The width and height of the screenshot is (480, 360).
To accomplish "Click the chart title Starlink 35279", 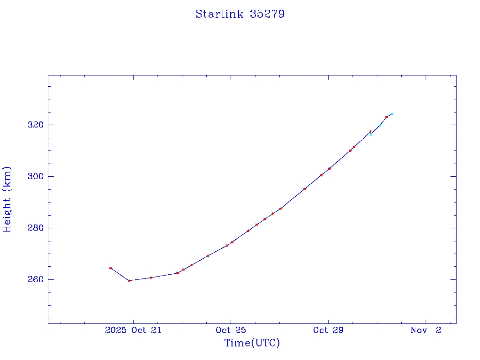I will click(x=240, y=14).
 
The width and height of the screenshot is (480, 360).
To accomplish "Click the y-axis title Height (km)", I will click(x=7, y=199).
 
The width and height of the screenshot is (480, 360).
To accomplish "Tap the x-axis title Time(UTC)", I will click(x=252, y=343).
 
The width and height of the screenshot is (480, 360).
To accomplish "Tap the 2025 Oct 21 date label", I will click(x=133, y=330).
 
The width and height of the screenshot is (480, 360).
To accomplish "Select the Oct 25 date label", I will click(x=231, y=330).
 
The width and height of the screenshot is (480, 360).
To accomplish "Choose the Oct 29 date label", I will click(x=328, y=330).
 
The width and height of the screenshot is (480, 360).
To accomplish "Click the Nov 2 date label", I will click(x=426, y=330).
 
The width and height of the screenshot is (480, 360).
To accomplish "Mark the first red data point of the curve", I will click(x=111, y=268).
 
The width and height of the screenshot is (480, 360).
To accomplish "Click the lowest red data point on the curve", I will click(x=129, y=281).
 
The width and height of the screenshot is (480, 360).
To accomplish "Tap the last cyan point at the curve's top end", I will click(x=392, y=114).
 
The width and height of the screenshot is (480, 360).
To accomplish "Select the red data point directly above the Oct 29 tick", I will click(x=330, y=168).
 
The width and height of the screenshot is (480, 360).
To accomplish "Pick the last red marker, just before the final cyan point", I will click(x=386, y=117).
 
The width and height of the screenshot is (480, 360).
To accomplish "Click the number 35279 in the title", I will click(x=267, y=14).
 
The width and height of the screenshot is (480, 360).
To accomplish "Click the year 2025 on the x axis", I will click(x=116, y=330).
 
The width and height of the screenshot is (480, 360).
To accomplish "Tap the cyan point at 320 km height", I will click(x=380, y=125).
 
